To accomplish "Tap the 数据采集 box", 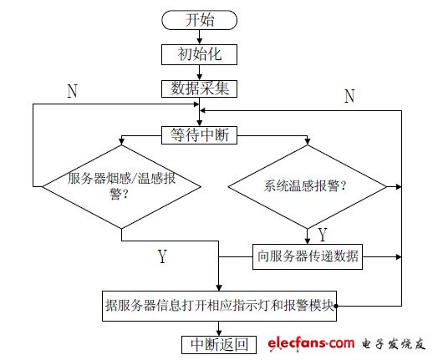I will pos(200,87).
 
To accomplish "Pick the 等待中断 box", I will pos(200,134).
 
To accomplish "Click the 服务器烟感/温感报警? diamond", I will pos(121,185).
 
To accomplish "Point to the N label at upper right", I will pos(349,97).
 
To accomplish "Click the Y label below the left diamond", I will pos(162,256).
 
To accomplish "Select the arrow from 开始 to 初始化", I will pos(200,36).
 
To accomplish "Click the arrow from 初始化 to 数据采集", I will pos(200,70).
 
